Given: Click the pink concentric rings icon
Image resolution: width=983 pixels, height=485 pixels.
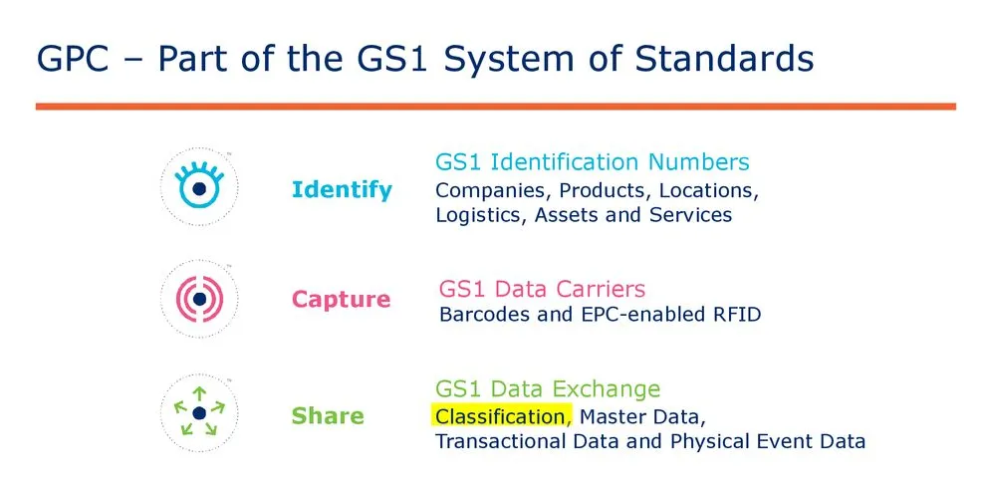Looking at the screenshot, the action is pyautogui.click(x=199, y=299).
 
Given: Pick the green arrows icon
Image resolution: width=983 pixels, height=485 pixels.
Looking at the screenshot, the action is pyautogui.click(x=199, y=411).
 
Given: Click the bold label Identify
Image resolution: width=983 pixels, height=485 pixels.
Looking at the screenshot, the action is pyautogui.click(x=343, y=190).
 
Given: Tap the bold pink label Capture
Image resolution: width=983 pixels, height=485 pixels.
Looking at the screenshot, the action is pyautogui.click(x=341, y=300).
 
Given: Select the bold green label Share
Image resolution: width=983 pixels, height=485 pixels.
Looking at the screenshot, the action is pyautogui.click(x=328, y=416).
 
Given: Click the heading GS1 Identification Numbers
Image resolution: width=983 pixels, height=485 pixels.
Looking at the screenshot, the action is pyautogui.click(x=593, y=162).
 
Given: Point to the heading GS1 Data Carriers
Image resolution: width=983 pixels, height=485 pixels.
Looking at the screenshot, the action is pyautogui.click(x=542, y=289).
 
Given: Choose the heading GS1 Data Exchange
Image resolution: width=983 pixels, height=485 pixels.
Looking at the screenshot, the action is pyautogui.click(x=548, y=389).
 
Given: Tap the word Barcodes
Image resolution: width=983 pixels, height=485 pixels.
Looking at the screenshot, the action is pyautogui.click(x=485, y=314).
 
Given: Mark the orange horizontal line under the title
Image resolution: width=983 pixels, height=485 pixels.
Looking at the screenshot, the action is pyautogui.click(x=495, y=107).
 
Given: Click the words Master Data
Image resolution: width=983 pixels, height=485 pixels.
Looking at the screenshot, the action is pyautogui.click(x=642, y=416).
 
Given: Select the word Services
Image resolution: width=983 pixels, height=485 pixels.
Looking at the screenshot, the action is pyautogui.click(x=691, y=215).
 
